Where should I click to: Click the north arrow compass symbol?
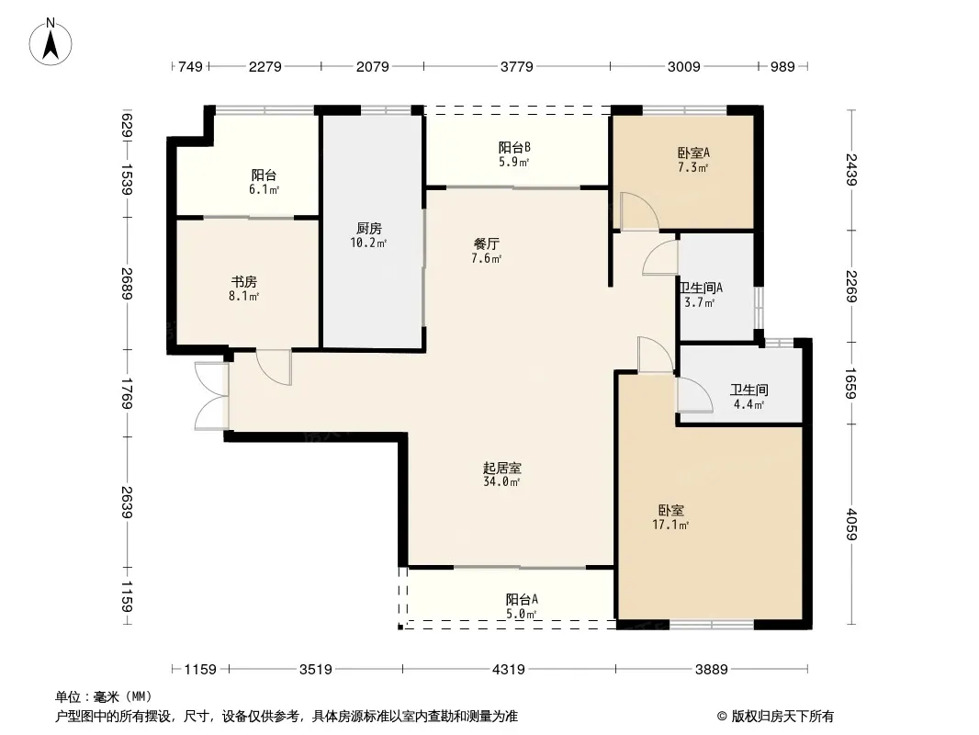click(51, 41)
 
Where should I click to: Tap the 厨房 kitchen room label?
click(369, 228)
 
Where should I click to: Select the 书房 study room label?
click(244, 282)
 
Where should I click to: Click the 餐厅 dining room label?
click(487, 243)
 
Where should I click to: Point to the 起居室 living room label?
click(502, 467)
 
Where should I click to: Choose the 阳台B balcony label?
click(514, 147)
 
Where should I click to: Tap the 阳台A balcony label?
click(522, 600)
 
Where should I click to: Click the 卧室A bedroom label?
click(693, 153)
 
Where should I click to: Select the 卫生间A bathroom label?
click(701, 288)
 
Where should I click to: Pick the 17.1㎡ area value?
click(670, 526)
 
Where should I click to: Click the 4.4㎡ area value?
click(748, 404)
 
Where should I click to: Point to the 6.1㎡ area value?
click(264, 190)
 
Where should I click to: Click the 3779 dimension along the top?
click(517, 66)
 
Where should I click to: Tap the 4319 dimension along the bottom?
click(509, 670)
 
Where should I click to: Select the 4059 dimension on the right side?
click(851, 525)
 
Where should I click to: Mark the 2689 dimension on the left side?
click(128, 284)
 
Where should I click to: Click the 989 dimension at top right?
click(782, 66)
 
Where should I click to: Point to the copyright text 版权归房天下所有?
click(782, 717)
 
